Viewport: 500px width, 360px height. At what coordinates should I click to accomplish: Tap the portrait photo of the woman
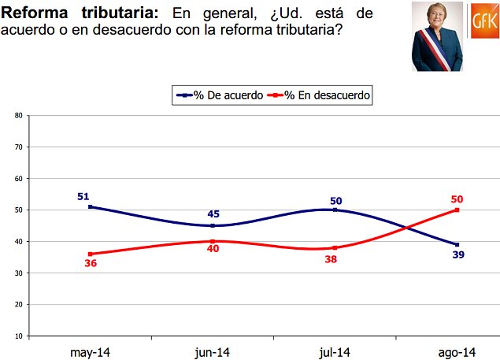coord(438,37)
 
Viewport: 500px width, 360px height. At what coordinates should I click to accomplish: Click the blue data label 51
coord(83,196)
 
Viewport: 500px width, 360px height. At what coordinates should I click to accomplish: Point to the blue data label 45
coord(213,214)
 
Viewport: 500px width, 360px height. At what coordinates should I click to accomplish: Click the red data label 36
coord(91,264)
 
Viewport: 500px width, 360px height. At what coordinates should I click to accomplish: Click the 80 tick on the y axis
coord(18,116)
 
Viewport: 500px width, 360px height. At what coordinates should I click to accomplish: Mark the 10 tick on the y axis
coord(18,336)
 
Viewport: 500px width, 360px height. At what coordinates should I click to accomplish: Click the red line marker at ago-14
coord(457,210)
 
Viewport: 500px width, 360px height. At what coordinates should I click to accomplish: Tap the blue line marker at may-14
coord(91,206)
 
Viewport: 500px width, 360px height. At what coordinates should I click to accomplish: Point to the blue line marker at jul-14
coord(335,210)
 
